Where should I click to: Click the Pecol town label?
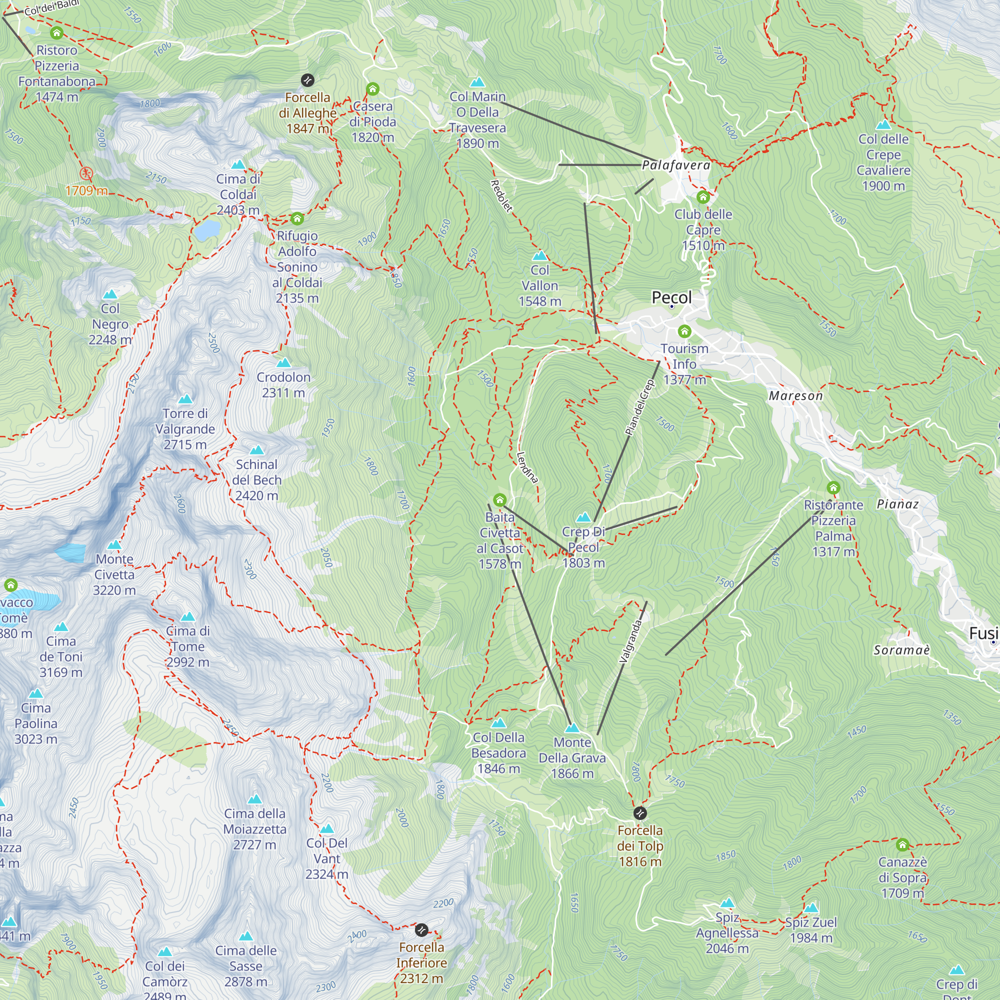tap(671, 297)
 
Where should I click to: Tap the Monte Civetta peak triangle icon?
tap(114, 545)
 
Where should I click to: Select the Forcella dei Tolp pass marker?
tap(640, 813)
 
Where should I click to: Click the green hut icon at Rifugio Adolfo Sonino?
tap(297, 218)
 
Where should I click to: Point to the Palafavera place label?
tap(676, 165)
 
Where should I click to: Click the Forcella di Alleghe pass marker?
tap(307, 80)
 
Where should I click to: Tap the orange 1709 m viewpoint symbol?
tap(86, 173)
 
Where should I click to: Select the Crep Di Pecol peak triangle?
tap(583, 517)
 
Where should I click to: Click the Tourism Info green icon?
tap(684, 331)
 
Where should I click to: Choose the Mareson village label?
tap(795, 396)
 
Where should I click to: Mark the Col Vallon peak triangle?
tap(540, 255)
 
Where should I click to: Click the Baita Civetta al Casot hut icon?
tap(499, 500)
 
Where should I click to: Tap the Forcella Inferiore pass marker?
tap(422, 930)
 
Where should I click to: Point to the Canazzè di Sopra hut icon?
tap(902, 844)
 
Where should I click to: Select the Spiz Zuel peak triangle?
tap(811, 908)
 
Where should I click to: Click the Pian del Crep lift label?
tap(640, 407)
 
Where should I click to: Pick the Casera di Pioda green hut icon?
tap(372, 89)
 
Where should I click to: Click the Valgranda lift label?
tap(631, 641)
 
